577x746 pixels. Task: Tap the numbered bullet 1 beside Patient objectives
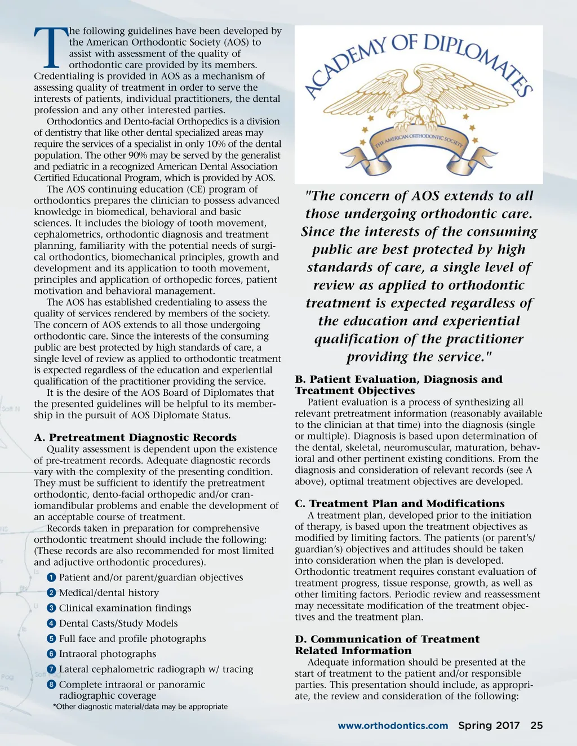pyautogui.click(x=51, y=578)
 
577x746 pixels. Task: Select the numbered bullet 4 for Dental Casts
pyautogui.click(x=51, y=623)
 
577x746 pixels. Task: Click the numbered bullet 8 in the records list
pyautogui.click(x=51, y=685)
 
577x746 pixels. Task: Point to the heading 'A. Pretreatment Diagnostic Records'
pyautogui.click(x=135, y=437)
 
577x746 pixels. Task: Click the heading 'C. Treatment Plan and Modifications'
pyautogui.click(x=400, y=503)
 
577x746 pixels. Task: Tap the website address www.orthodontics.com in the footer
pyautogui.click(x=393, y=726)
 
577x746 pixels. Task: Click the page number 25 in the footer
pyautogui.click(x=536, y=725)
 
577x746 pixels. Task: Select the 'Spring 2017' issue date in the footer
pyautogui.click(x=489, y=725)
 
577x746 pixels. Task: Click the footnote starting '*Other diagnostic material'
pyautogui.click(x=140, y=707)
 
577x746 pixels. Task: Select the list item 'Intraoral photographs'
pyautogui.click(x=108, y=654)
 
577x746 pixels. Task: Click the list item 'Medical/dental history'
pyautogui.click(x=109, y=593)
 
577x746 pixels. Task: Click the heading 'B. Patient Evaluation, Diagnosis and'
pyautogui.click(x=398, y=379)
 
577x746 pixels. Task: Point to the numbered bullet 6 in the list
pyautogui.click(x=51, y=654)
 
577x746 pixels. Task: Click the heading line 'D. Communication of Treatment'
pyautogui.click(x=387, y=639)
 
